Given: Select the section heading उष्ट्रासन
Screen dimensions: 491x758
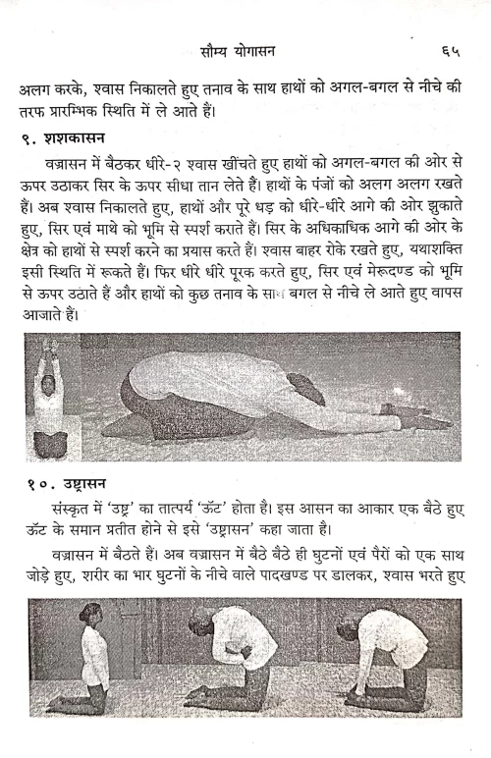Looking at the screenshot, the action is tap(83, 484).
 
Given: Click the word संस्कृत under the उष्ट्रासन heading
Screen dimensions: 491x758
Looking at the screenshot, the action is tap(67, 511).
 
